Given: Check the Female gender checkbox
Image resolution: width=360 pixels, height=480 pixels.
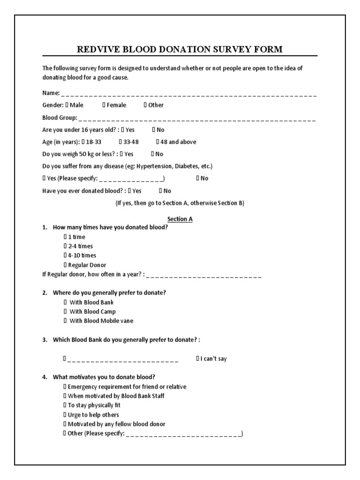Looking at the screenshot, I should pos(104,105).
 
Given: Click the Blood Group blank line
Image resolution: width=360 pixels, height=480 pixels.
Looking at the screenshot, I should pos(197,118).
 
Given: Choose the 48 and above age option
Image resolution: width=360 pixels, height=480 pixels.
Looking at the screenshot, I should pos(158,142).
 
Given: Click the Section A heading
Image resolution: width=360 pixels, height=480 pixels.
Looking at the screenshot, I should pos(180,219).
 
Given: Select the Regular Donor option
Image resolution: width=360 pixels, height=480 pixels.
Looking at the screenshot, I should pos(66,265).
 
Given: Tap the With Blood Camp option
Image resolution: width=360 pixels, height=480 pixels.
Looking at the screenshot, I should pos(66,311).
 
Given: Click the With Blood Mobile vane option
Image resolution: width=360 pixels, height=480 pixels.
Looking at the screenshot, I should pos(66,321).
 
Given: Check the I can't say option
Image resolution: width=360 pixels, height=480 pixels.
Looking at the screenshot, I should pos(198,359).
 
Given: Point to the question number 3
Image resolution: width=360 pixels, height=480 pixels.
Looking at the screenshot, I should pos(45,339).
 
